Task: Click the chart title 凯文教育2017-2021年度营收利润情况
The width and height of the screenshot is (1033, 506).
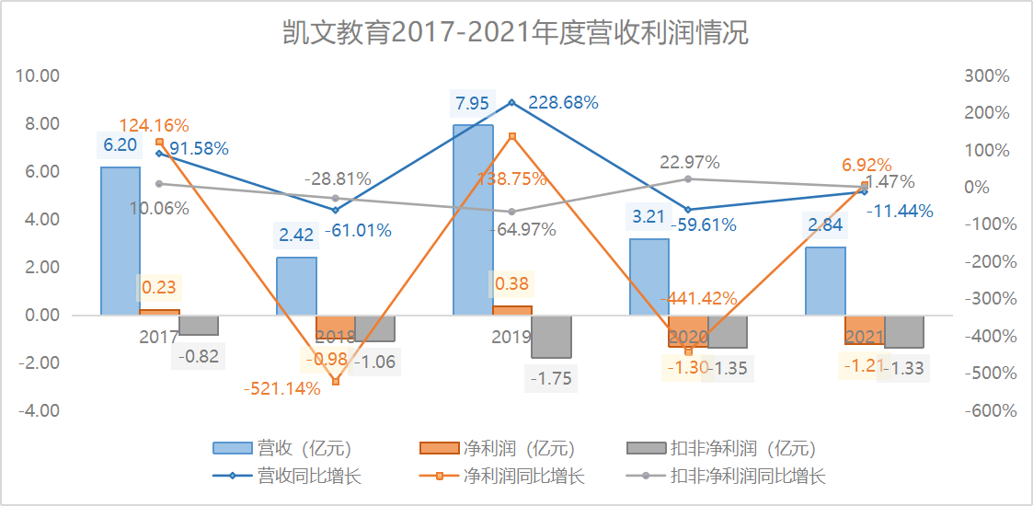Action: tap(515, 33)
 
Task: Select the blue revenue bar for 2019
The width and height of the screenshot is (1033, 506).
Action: tap(473, 221)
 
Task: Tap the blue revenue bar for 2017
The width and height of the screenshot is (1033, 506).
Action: tap(120, 241)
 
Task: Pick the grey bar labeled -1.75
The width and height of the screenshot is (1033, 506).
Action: tap(551, 337)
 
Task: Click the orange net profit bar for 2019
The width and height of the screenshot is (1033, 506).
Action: tap(512, 310)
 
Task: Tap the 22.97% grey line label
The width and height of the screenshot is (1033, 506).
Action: tap(690, 163)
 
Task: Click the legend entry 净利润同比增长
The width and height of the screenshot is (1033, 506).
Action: tap(524, 477)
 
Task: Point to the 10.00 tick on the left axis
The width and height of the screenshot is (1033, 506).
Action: tap(40, 75)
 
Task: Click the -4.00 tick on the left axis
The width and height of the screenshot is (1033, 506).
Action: tap(40, 410)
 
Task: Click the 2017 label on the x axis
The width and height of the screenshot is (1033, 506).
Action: tap(159, 337)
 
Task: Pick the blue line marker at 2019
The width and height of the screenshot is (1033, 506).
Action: tap(512, 102)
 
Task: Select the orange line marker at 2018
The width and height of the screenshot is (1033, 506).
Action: tap(336, 381)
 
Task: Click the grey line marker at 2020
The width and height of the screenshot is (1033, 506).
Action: tap(689, 178)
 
